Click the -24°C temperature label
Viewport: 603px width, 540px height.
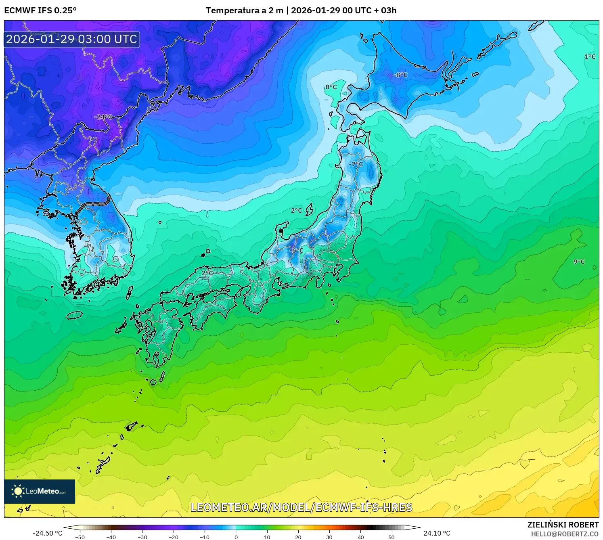(x=103, y=117)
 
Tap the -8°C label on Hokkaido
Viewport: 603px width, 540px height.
(x=400, y=75)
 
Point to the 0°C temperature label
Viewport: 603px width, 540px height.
(x=331, y=87)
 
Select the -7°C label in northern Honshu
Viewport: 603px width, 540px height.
(x=356, y=164)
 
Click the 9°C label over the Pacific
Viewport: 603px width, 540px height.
(x=579, y=262)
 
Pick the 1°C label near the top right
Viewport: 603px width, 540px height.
(x=590, y=57)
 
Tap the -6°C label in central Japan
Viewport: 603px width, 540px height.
(x=296, y=251)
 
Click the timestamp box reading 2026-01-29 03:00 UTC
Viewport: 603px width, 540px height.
(x=72, y=39)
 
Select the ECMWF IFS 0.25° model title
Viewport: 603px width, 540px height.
(x=40, y=10)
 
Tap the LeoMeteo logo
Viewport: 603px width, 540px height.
(x=40, y=491)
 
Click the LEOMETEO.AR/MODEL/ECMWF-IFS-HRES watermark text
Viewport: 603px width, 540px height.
(x=301, y=508)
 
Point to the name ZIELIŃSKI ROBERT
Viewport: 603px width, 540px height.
(x=563, y=525)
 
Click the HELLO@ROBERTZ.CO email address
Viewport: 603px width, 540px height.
(x=565, y=534)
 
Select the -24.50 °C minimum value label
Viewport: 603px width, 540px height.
(x=48, y=533)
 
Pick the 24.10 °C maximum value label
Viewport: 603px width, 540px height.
(x=437, y=533)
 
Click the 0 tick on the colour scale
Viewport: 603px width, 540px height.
(x=236, y=537)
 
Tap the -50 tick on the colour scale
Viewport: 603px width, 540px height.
(x=80, y=537)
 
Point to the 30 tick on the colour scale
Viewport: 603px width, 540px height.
(x=329, y=537)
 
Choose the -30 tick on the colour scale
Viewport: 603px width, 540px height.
(x=142, y=537)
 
